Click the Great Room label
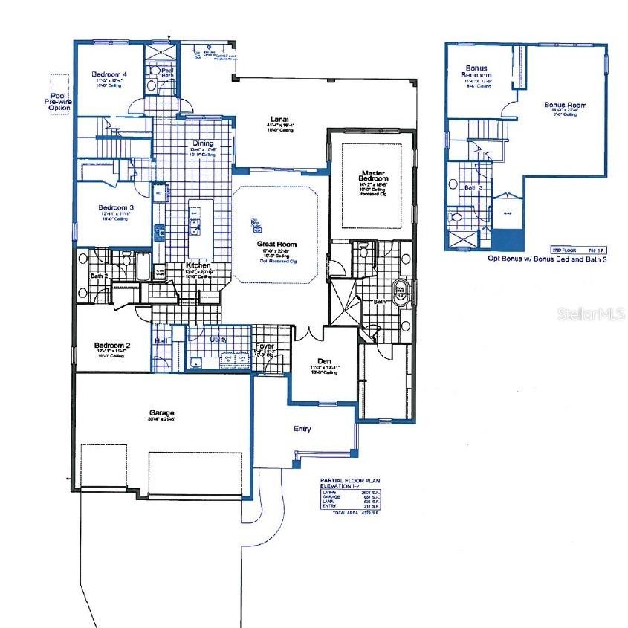pos(276,244)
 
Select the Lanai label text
pos(279,118)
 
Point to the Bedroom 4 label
pos(109,74)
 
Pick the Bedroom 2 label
pos(112,345)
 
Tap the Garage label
pos(161,412)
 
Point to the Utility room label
pos(218,340)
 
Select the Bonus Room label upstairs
pos(565,106)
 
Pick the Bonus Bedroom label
pos(478,71)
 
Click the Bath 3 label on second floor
pos(473,188)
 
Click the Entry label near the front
pos(302,429)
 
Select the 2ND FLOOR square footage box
pos(576,250)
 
